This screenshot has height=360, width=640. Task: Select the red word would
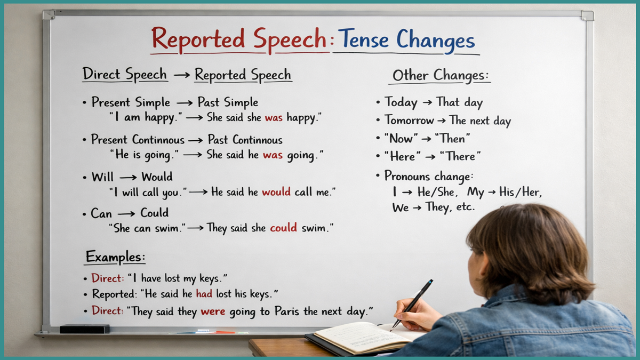276,192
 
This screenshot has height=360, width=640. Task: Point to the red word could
283,228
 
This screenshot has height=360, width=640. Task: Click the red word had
204,293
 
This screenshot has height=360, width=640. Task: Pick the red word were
213,311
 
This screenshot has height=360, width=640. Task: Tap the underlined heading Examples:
115,257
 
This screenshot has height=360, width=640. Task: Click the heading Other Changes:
441,76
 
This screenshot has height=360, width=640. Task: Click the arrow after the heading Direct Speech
181,75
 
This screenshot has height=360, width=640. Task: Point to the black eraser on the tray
84,329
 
